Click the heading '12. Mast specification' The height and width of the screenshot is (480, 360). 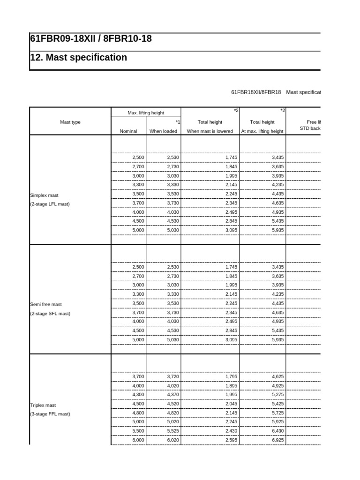pos(79,58)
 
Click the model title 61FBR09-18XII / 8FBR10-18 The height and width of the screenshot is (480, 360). pos(91,39)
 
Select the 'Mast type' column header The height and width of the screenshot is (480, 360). pos(70,122)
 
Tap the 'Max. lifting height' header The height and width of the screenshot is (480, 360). pos(146,113)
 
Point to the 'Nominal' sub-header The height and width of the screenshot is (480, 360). pos(128,131)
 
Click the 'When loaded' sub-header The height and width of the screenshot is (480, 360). pos(163,131)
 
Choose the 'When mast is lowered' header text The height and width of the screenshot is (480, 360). pos(210,131)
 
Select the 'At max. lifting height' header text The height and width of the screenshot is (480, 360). pos(262,131)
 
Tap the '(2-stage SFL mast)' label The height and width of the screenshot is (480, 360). pos(50,313)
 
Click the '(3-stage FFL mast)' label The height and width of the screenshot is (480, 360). pos(50,414)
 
